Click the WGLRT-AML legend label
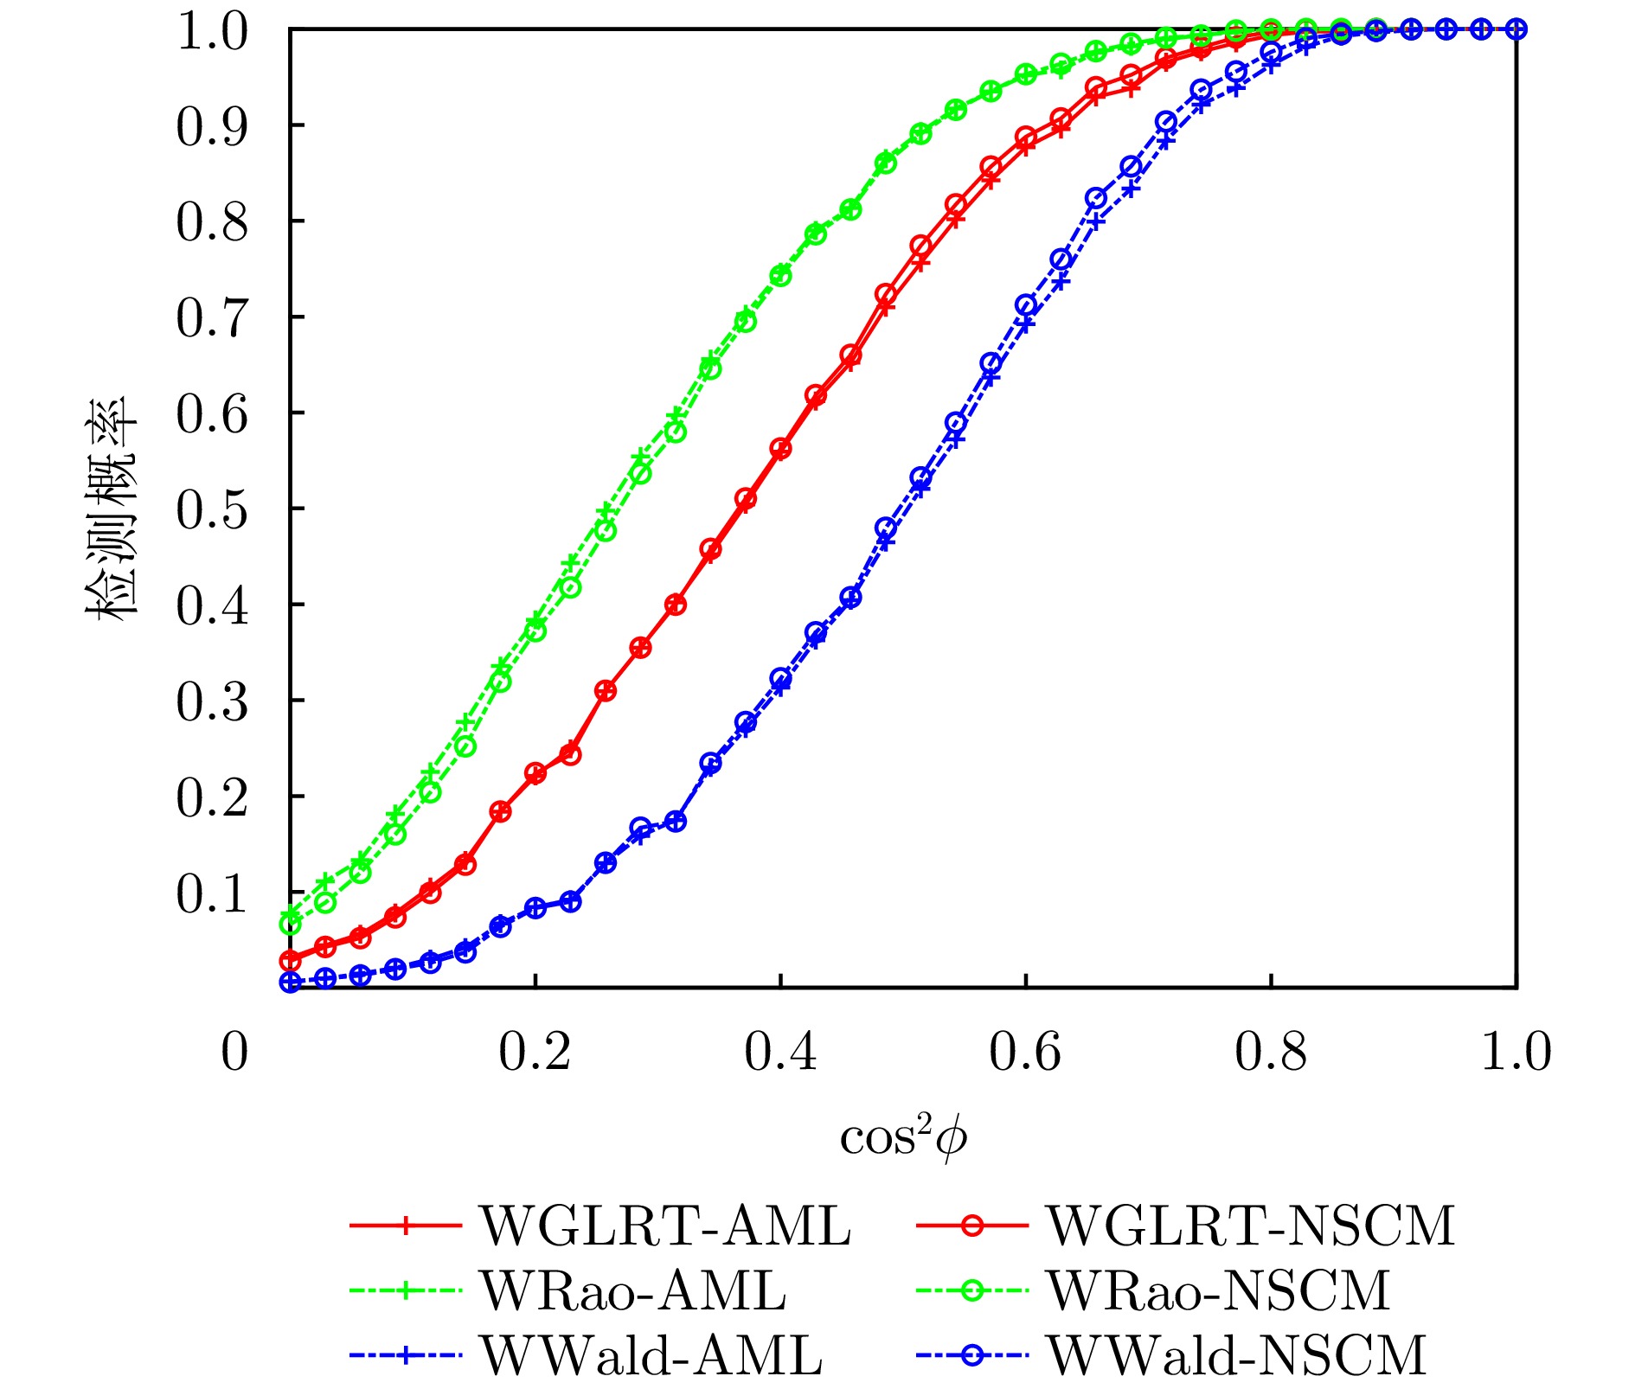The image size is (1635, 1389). tap(665, 1226)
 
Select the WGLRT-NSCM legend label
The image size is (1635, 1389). tap(1251, 1226)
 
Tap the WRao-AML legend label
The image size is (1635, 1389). tap(633, 1291)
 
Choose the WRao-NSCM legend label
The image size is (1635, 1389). tap(1218, 1291)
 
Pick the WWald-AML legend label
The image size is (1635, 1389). tap(651, 1355)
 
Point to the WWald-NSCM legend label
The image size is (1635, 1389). tap(1236, 1355)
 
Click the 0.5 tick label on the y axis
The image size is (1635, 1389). tap(212, 509)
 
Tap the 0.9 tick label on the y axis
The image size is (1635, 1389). tap(212, 126)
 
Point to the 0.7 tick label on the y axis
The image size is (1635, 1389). tap(212, 318)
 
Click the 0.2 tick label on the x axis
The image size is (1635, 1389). tap(535, 1053)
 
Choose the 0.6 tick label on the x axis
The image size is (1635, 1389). tap(1025, 1053)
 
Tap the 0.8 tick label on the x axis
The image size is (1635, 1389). tap(1270, 1053)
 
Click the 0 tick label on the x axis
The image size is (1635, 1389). tap(234, 1053)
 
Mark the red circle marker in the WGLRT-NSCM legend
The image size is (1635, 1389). tap(971, 1226)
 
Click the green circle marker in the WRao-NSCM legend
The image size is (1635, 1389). tap(971, 1291)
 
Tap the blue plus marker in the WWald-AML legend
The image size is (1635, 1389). tap(405, 1355)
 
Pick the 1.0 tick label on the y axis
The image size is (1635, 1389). tap(212, 33)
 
